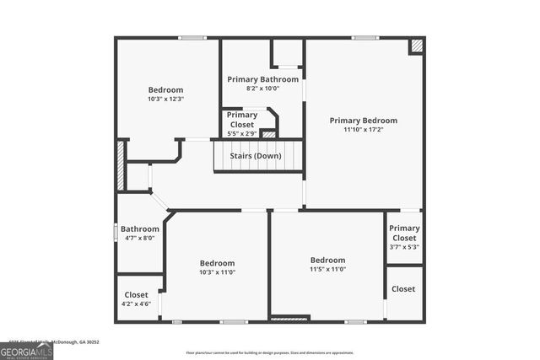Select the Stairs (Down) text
point(256,156)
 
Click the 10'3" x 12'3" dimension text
point(165,99)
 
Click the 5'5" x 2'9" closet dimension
point(241,133)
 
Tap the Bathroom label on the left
point(139,228)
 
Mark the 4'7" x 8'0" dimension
point(139,238)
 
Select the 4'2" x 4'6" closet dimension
point(136,304)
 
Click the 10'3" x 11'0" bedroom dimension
point(217,271)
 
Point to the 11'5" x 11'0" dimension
point(327,269)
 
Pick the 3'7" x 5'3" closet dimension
point(404,247)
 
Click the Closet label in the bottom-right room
point(403,289)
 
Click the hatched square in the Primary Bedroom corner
point(416,46)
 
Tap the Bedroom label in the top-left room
point(165,89)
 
